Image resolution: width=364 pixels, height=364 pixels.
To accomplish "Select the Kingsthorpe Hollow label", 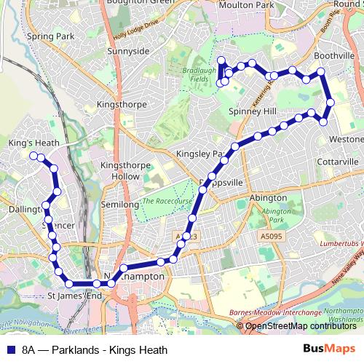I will click(120, 171).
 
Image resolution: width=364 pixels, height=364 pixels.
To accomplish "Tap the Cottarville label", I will click(339, 161).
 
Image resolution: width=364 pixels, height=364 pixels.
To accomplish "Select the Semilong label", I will click(120, 205).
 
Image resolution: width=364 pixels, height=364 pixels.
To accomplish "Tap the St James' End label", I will click(74, 297).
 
